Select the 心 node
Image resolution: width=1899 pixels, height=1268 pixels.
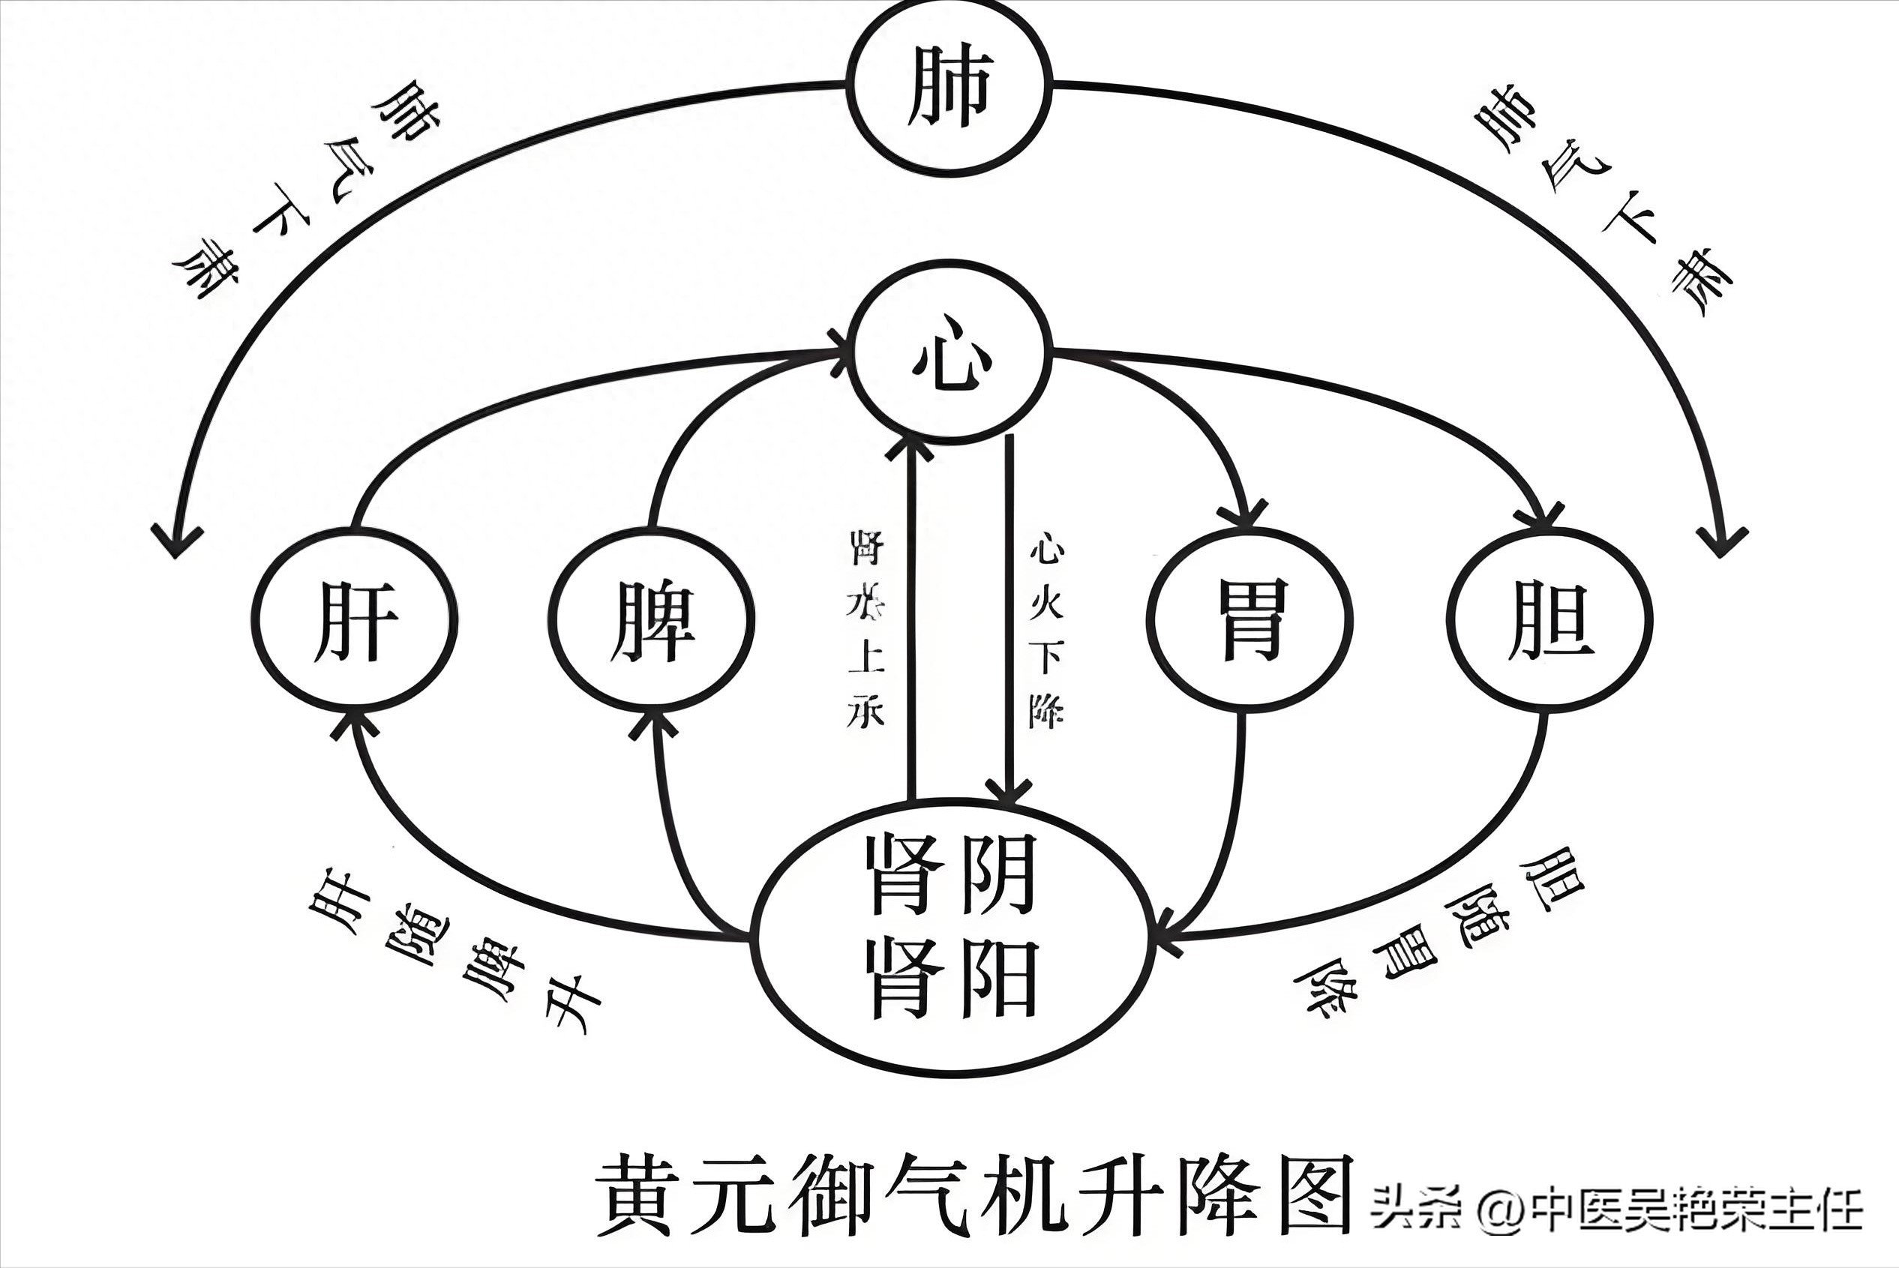[949, 352]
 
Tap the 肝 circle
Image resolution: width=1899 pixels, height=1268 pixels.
[355, 621]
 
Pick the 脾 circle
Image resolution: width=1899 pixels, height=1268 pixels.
[652, 621]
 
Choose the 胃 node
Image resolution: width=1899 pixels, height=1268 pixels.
[1249, 621]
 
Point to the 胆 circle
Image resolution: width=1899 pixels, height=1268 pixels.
[1549, 621]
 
